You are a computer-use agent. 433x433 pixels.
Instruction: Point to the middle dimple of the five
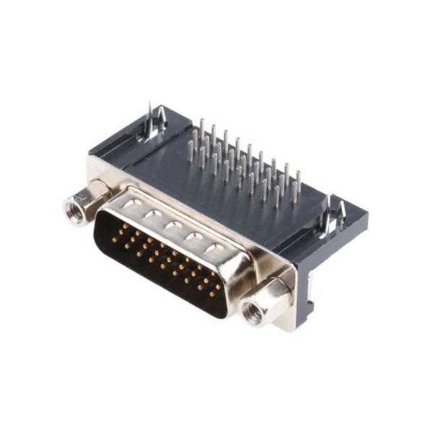pos(172,226)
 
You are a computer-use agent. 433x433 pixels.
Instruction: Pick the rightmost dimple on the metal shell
pos(214,249)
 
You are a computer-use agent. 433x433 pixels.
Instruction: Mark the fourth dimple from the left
pos(193,237)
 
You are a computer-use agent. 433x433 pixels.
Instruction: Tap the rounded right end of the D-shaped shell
pos(238,278)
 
